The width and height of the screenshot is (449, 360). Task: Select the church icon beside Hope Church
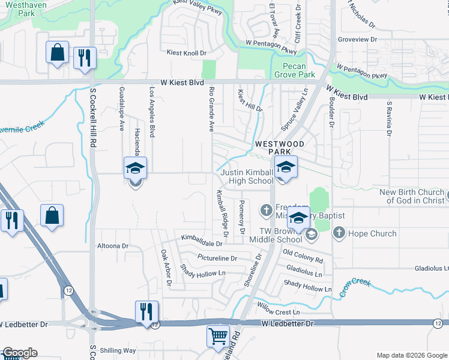pos(339,233)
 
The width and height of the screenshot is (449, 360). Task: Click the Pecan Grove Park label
pos(295,71)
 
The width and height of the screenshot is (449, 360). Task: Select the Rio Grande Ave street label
pos(211,109)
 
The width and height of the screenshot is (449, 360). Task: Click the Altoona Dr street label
pos(113,246)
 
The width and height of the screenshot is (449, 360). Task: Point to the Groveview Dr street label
pos(357,40)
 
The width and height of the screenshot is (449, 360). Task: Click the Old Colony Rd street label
pos(303,256)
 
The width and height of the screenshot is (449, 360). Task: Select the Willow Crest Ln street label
pos(278,312)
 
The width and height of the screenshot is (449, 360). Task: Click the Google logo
pos(19,353)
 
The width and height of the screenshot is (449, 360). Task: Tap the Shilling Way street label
pos(118,350)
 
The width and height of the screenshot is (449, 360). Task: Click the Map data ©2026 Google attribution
pos(411,355)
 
